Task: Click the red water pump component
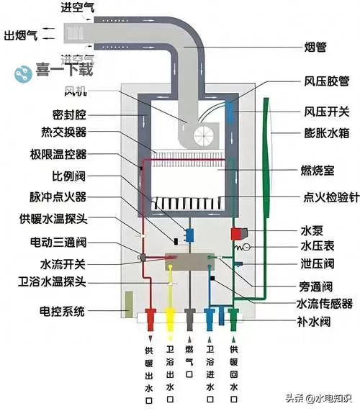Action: click(x=236, y=233)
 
